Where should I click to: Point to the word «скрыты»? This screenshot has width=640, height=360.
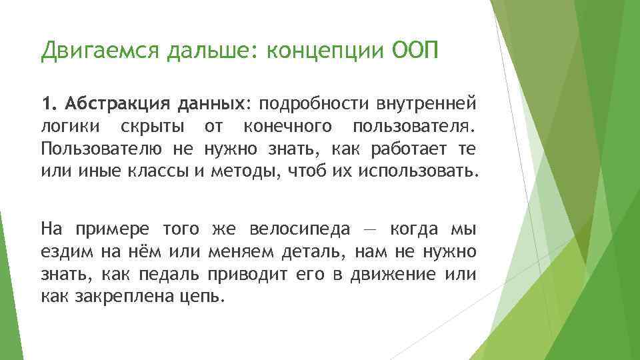tap(149, 126)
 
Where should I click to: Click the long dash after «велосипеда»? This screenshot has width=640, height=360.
tap(369, 230)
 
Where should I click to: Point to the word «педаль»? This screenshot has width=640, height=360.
tap(172, 273)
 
